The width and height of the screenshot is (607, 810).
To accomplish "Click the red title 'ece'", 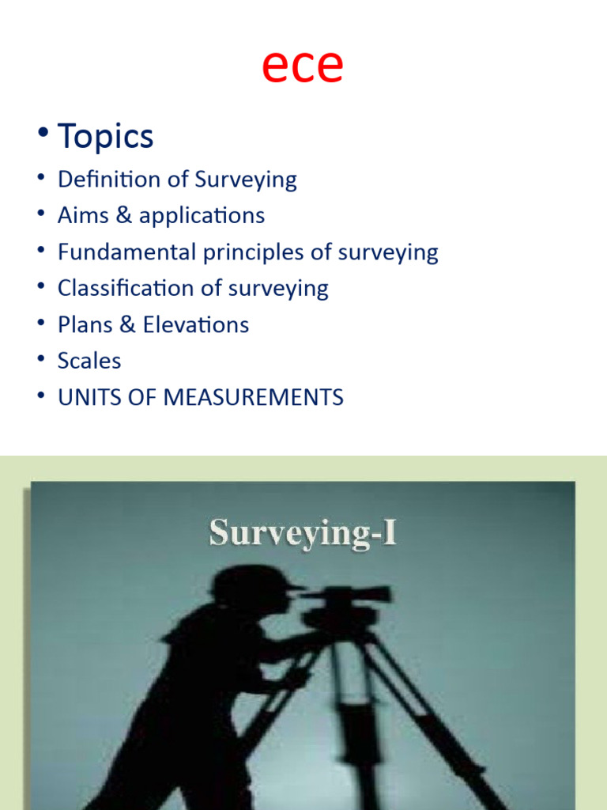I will click(x=303, y=66).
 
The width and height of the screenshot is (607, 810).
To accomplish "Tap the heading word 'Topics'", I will click(x=105, y=137).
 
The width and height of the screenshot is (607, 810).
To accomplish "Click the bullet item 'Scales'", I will click(x=89, y=361).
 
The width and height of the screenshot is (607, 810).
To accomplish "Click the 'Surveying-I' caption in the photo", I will click(x=303, y=532).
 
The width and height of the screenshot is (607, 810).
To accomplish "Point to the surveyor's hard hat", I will click(x=251, y=581).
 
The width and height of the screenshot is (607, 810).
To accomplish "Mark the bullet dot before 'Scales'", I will click(x=40, y=361).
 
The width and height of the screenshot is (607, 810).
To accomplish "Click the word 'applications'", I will click(x=202, y=216).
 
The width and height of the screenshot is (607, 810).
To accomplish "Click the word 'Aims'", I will click(x=83, y=215).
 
